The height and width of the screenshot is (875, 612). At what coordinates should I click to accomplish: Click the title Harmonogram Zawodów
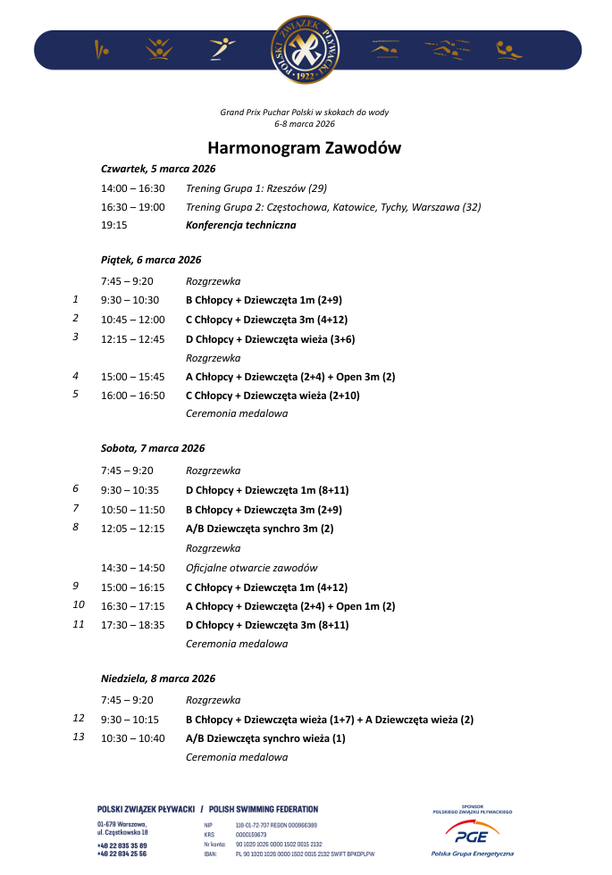pyautogui.click(x=305, y=147)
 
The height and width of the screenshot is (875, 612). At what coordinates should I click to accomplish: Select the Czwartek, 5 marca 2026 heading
pyautogui.click(x=158, y=168)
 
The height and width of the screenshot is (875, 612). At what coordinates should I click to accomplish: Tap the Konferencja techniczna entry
pyautogui.click(x=240, y=225)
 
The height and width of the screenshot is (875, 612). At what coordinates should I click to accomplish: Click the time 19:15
pyautogui.click(x=114, y=225)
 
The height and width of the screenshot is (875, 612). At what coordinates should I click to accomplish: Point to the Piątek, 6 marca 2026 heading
pyautogui.click(x=151, y=260)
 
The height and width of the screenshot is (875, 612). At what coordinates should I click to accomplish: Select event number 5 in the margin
pyautogui.click(x=76, y=394)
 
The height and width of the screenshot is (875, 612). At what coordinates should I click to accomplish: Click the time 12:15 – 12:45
pyautogui.click(x=133, y=338)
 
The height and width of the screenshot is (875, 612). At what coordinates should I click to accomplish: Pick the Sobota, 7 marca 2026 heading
pyautogui.click(x=153, y=448)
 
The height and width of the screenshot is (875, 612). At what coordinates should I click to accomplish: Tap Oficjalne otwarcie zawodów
pyautogui.click(x=251, y=568)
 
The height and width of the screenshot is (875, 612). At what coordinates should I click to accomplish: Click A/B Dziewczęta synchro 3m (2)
pyautogui.click(x=259, y=529)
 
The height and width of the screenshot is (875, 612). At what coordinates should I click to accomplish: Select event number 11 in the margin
pyautogui.click(x=78, y=624)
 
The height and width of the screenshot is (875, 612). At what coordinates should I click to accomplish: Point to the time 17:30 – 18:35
pyautogui.click(x=133, y=625)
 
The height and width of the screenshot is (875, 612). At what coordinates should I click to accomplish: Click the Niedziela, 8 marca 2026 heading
pyautogui.click(x=158, y=679)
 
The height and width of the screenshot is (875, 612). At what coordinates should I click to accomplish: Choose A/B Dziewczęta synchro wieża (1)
pyautogui.click(x=265, y=738)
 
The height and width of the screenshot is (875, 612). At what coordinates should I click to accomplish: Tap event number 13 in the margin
pyautogui.click(x=78, y=737)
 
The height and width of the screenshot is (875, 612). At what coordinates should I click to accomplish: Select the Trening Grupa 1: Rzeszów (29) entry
pyautogui.click(x=256, y=188)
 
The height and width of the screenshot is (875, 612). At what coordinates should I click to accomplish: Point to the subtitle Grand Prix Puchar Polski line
pyautogui.click(x=305, y=112)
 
